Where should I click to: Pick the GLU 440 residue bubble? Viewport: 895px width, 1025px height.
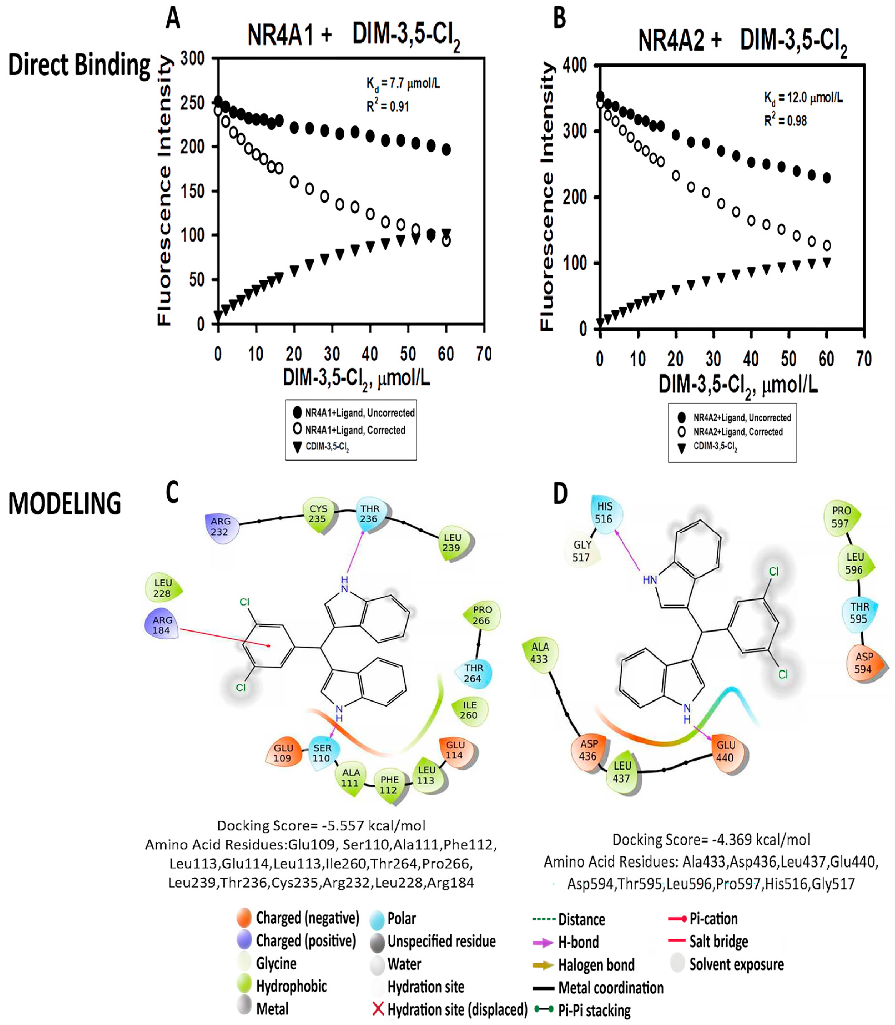(726, 751)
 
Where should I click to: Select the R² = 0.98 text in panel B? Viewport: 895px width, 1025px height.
(785, 120)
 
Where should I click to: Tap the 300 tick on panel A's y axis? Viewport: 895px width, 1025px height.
(193, 59)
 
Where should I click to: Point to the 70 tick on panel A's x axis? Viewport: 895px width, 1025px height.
(483, 354)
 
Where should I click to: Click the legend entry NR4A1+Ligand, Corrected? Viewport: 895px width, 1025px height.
(355, 430)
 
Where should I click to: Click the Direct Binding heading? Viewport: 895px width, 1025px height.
(79, 66)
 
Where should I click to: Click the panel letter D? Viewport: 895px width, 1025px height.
(560, 494)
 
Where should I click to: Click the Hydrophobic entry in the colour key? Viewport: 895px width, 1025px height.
(291, 986)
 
